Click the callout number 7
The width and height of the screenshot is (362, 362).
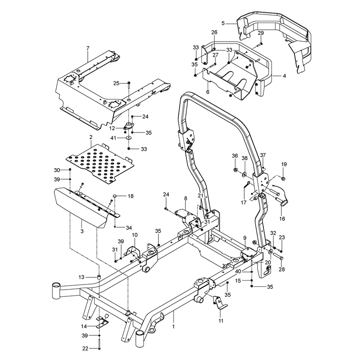point(88,48)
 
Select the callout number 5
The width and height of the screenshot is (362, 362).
point(223,23)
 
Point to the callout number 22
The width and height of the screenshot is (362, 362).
point(86,348)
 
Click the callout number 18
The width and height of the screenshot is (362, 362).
point(131,196)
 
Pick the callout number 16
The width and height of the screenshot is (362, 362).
point(282,219)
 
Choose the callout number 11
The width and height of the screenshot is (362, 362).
point(221,321)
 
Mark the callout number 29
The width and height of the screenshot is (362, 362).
point(261,33)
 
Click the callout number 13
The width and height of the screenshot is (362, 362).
point(81,277)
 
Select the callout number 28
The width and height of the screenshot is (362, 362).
point(281,269)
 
